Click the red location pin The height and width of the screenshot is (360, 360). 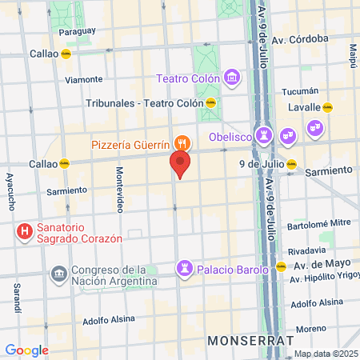181,165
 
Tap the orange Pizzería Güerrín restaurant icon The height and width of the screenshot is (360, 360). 182,144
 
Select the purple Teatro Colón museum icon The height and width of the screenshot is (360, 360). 232,78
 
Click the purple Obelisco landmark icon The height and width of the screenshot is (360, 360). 264,135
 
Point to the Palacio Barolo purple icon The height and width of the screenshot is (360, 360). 186,269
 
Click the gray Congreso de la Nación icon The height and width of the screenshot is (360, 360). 58,274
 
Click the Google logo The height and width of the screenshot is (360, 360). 26,350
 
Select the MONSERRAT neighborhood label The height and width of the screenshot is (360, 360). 245,340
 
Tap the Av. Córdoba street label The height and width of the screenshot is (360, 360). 300,38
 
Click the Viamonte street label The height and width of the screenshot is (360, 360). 84,79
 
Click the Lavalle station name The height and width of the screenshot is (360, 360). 305,106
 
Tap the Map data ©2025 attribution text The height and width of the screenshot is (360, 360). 326,354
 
